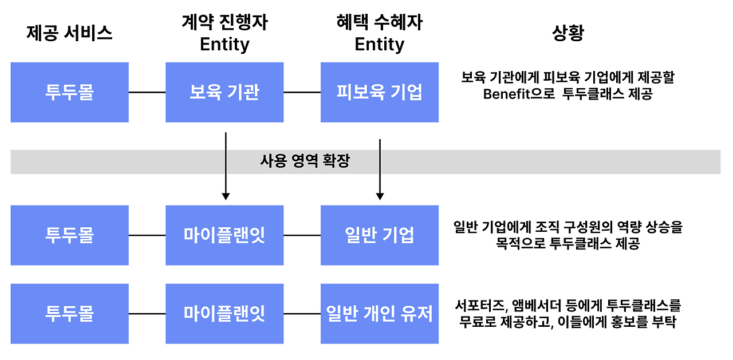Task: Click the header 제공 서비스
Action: (69, 34)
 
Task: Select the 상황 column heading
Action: (568, 34)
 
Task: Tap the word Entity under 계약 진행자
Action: (224, 45)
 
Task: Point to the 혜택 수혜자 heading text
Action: (380, 23)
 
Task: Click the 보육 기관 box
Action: (224, 92)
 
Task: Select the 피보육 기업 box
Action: (380, 92)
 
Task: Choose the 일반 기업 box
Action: (380, 235)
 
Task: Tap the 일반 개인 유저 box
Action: (380, 314)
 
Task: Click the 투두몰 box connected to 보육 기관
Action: (69, 92)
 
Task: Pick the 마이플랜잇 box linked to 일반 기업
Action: (224, 235)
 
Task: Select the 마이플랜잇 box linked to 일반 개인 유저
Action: (224, 314)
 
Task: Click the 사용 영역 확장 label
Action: (305, 162)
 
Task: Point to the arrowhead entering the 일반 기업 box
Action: (380, 196)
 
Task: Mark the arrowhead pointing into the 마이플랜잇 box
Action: (226, 196)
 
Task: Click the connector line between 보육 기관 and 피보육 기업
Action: (302, 92)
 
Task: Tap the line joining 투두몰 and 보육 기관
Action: (147, 92)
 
